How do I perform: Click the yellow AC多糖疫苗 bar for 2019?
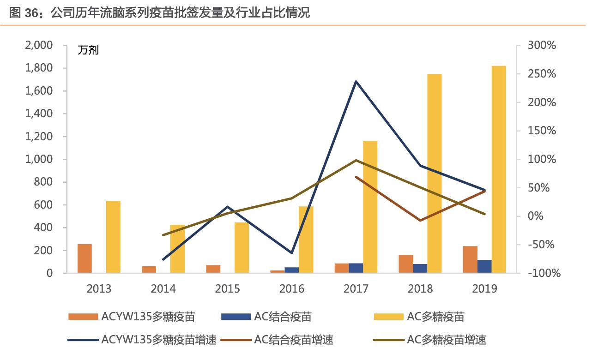(x=499, y=169)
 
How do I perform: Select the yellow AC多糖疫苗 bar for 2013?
(x=113, y=237)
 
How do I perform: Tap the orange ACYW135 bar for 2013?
(x=85, y=258)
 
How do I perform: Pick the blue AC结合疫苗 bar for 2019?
(x=484, y=266)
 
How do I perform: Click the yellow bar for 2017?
(x=370, y=207)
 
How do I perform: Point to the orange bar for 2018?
(x=406, y=264)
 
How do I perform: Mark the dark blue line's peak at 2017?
(x=356, y=81)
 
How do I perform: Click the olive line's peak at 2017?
(x=356, y=160)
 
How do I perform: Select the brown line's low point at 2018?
(x=420, y=221)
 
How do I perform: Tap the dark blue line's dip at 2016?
(x=292, y=253)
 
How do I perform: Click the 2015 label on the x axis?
(x=228, y=288)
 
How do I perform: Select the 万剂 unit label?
(x=88, y=50)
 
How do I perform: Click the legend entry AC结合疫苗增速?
(x=293, y=341)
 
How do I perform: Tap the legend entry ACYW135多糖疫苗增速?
(x=159, y=341)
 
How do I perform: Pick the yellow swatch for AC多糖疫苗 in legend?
(x=388, y=317)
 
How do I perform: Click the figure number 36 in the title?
(x=31, y=13)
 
